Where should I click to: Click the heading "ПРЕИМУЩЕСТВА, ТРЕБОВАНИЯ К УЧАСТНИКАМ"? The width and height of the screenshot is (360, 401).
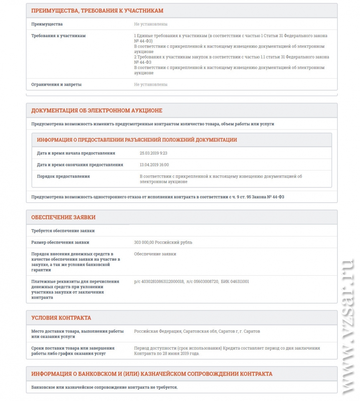coord(97,11)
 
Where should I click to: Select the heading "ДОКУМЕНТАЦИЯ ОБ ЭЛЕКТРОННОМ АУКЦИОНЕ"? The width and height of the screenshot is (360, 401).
coord(97,111)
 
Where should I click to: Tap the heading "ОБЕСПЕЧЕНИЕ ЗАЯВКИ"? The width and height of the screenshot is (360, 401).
coord(63,217)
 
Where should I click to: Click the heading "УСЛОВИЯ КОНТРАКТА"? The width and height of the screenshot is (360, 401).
coord(61,318)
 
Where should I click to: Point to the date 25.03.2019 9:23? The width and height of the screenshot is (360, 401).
coord(153,153)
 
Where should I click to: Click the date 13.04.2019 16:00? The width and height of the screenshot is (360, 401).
coord(154,165)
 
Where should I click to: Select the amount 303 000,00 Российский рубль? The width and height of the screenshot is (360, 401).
coord(163,242)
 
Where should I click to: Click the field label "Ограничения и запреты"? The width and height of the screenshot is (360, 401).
coord(56,84)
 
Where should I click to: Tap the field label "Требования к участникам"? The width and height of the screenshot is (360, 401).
coord(58,36)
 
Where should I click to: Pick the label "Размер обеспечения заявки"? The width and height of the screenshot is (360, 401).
coord(60,242)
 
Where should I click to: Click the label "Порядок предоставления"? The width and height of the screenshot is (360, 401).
coord(63,176)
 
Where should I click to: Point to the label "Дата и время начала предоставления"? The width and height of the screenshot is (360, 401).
coord(76,153)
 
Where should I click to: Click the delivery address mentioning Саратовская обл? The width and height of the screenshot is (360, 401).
coord(197,331)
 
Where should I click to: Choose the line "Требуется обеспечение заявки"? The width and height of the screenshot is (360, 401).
coord(63,231)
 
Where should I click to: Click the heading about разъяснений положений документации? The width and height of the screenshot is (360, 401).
coord(137,140)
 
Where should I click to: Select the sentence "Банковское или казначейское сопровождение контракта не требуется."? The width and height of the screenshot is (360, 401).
coord(104,387)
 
